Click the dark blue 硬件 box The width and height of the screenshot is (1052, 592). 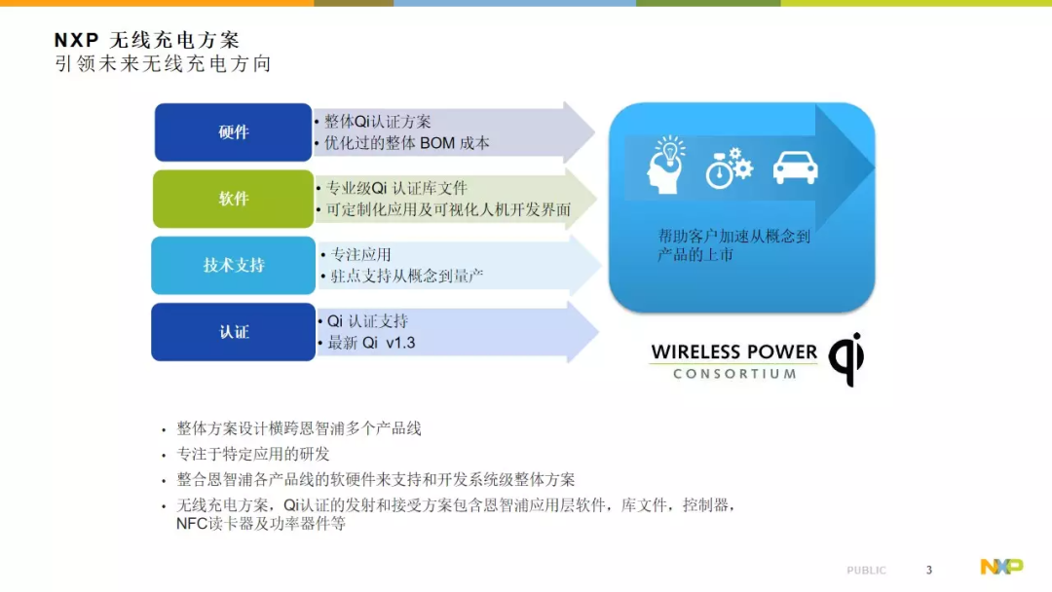coord(233,132)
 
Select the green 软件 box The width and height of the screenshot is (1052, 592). coord(233,199)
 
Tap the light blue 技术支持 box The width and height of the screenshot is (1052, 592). coord(233,265)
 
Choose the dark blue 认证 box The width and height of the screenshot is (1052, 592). coord(233,332)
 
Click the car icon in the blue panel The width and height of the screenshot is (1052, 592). coord(795,166)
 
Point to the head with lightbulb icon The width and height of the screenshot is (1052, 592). coord(666,165)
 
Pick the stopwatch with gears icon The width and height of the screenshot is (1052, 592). coord(730,167)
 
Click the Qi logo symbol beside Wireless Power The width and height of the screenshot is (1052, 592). coord(846,358)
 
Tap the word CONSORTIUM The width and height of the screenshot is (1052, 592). coord(734,374)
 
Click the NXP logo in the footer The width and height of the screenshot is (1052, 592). coord(1001,567)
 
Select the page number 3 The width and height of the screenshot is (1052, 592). coord(929,570)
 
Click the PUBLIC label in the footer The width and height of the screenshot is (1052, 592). coord(866,571)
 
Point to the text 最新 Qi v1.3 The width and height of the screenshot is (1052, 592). coord(371,343)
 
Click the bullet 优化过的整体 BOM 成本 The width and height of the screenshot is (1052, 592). coord(406,143)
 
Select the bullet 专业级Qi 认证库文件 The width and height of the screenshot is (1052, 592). coord(396,188)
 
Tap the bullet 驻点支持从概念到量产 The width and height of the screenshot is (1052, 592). coord(406,276)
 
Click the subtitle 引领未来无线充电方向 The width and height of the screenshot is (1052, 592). coord(163,63)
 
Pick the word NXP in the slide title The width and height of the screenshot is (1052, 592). coord(77,40)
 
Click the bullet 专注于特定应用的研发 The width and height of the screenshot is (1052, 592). coord(253,454)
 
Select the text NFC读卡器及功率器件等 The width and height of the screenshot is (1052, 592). coord(261,524)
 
